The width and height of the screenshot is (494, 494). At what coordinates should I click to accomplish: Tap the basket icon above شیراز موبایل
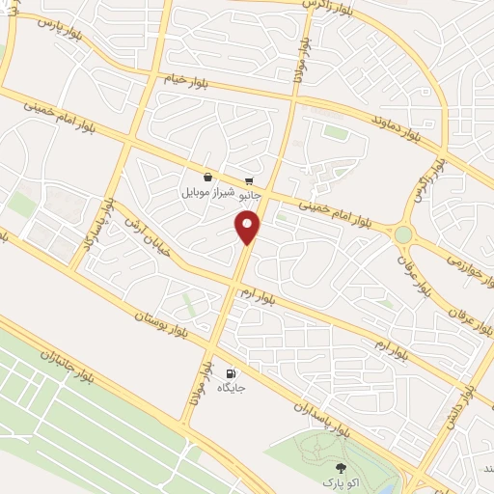click(208, 178)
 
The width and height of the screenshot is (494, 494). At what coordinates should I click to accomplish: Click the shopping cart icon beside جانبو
click(249, 180)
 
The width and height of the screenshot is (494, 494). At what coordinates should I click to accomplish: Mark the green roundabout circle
click(402, 234)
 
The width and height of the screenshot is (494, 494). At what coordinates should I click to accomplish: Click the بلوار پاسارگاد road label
click(99, 224)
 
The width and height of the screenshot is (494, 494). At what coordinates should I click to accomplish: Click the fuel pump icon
click(230, 373)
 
